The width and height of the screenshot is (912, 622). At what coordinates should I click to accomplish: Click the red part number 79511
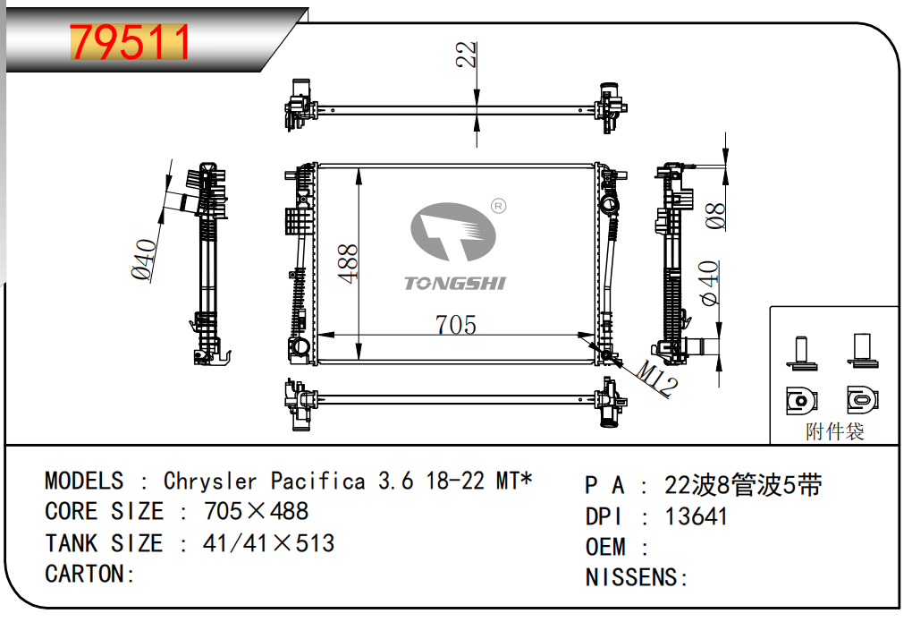[131, 42]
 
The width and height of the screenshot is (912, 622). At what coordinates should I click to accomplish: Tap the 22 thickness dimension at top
[466, 55]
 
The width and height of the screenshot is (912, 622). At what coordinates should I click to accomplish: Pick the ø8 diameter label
[715, 216]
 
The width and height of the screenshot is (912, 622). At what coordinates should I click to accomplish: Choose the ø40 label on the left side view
[144, 260]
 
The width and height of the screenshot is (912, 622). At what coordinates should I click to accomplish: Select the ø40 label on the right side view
[710, 284]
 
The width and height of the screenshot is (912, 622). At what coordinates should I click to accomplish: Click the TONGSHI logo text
[455, 284]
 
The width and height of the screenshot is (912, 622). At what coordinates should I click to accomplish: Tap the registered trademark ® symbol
[499, 207]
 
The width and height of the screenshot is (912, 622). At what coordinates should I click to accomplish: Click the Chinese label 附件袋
[834, 432]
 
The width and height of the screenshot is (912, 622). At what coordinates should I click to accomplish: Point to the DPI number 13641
[697, 516]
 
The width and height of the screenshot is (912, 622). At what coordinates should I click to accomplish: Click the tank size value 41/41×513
[257, 543]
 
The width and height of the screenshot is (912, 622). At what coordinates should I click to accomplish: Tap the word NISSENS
[634, 577]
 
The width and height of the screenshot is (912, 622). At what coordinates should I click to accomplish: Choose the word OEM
[605, 547]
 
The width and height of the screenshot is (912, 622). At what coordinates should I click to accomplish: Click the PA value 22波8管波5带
[742, 486]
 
